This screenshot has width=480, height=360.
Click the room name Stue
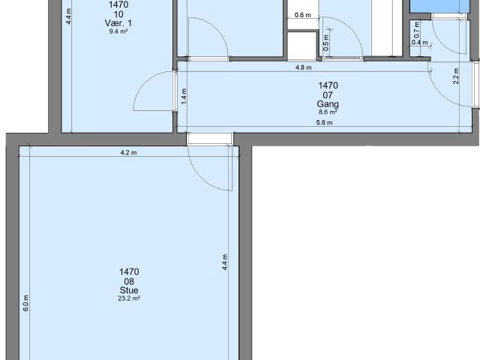128,290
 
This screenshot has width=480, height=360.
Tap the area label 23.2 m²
128,298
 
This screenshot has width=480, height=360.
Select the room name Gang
328,103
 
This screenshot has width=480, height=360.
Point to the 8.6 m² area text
328,111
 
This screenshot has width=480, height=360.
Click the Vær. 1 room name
118,23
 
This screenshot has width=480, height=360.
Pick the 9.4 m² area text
118,31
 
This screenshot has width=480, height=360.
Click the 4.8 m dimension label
303,67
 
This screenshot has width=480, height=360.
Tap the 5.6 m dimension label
325,124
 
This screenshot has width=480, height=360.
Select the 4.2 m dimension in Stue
128,152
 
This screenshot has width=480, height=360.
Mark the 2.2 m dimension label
456,76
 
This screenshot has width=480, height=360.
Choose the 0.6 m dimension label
303,15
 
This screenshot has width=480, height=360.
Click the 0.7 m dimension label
416,29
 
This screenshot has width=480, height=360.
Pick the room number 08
128,281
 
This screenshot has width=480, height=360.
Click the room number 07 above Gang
328,94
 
